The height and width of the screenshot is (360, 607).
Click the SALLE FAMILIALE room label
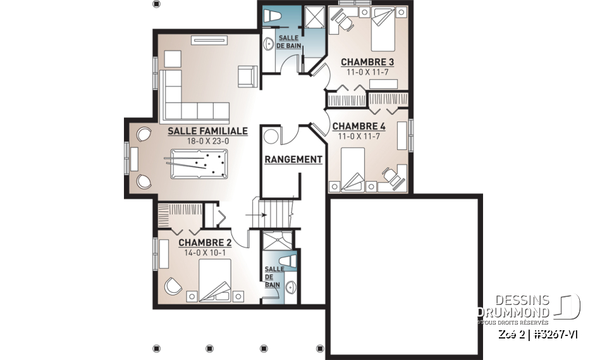pyautogui.click(x=207, y=131)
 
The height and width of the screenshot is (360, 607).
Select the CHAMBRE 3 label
pyautogui.click(x=367, y=62)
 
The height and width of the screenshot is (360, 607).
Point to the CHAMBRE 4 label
pyautogui.click(x=359, y=126)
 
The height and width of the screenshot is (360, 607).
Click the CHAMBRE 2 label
pyautogui.click(x=204, y=242)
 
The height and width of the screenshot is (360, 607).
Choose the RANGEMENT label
pyautogui.click(x=293, y=159)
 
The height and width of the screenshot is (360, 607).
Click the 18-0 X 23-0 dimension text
pyautogui.click(x=207, y=142)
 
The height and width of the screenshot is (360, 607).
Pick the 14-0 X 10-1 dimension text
pyautogui.click(x=204, y=252)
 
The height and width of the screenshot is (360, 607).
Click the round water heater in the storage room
pyautogui.click(x=272, y=137)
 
